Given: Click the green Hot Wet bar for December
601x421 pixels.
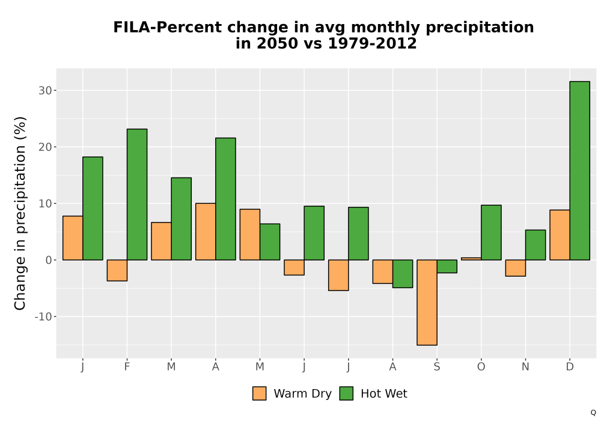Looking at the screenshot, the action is pos(579,171).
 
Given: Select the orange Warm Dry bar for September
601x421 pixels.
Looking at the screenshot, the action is pos(427,303).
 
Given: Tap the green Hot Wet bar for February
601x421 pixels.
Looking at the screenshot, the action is pos(137,194).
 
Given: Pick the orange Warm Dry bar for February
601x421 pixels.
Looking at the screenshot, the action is pos(117,270).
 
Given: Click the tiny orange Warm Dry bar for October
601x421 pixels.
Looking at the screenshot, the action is pos(471,259).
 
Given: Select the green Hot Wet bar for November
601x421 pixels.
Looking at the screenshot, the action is pos(535,245).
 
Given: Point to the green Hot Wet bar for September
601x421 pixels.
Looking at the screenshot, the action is pos(447,266).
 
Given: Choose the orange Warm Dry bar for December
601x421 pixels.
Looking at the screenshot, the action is pos(560,235).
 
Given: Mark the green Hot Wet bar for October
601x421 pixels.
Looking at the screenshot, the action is pos(491,232).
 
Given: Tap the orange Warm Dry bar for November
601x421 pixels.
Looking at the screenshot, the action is pos(516,268).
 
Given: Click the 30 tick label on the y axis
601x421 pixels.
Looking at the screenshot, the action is pos(45,90).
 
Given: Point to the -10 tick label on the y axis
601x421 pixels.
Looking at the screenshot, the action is pos(43,317).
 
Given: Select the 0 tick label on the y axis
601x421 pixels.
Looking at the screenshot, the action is pos(48,260).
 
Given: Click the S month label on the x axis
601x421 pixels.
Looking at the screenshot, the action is pos(437,367).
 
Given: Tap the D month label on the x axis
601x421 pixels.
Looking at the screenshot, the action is pos(570,367).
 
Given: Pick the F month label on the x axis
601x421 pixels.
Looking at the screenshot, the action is pos(127,367).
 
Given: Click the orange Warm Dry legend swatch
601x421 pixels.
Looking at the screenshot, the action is pos(260,393).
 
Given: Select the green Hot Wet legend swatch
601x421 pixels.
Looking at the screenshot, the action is pos(347,393).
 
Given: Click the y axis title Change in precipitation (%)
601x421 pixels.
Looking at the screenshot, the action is pos(20,213).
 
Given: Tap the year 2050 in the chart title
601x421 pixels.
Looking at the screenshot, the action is pos(277,43).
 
